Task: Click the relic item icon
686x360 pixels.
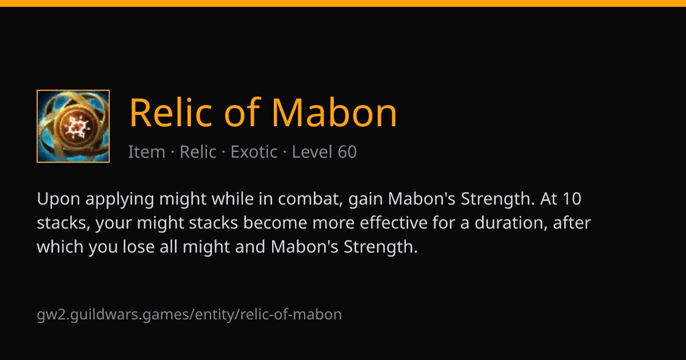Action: pyautogui.click(x=73, y=126)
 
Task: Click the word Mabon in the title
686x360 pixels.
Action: pyautogui.click(x=334, y=113)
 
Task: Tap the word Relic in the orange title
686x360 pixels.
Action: pyautogui.click(x=170, y=112)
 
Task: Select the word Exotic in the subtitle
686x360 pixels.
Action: pyautogui.click(x=254, y=152)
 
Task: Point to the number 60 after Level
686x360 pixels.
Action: pyautogui.click(x=347, y=152)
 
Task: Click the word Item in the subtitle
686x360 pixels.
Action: pyautogui.click(x=146, y=152)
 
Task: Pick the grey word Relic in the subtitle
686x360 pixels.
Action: pyautogui.click(x=198, y=152)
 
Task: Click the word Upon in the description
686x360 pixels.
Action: pyautogui.click(x=58, y=199)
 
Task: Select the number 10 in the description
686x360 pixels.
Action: pyautogui.click(x=572, y=199)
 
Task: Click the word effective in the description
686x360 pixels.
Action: pyautogui.click(x=393, y=222)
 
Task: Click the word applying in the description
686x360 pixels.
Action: pyautogui.click(x=119, y=199)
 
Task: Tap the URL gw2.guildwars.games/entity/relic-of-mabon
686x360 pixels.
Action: pyautogui.click(x=189, y=315)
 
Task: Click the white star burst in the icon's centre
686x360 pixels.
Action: pyautogui.click(x=77, y=127)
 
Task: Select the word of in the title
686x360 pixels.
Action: pyautogui.click(x=242, y=112)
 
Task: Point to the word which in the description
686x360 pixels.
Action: pyautogui.click(x=60, y=246)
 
